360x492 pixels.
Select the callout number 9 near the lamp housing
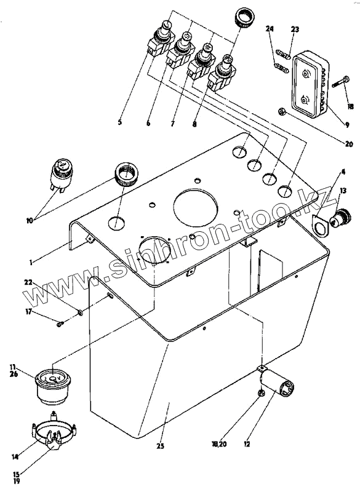coord(348,125)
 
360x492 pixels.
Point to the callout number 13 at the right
coord(343,191)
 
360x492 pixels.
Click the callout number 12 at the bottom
coord(247,444)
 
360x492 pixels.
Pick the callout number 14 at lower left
coord(14,457)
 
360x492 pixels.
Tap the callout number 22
coord(28,282)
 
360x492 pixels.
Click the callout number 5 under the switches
coord(120,122)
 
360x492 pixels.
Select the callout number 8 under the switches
coord(194,124)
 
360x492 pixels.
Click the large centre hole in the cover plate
coord(195,208)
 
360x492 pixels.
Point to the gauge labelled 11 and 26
coord(53,389)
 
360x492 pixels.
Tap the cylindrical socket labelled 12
coord(277,381)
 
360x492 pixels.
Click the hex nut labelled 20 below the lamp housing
coord(281,111)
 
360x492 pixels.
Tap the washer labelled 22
coord(81,312)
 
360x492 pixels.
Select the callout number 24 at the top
coord(270,29)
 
